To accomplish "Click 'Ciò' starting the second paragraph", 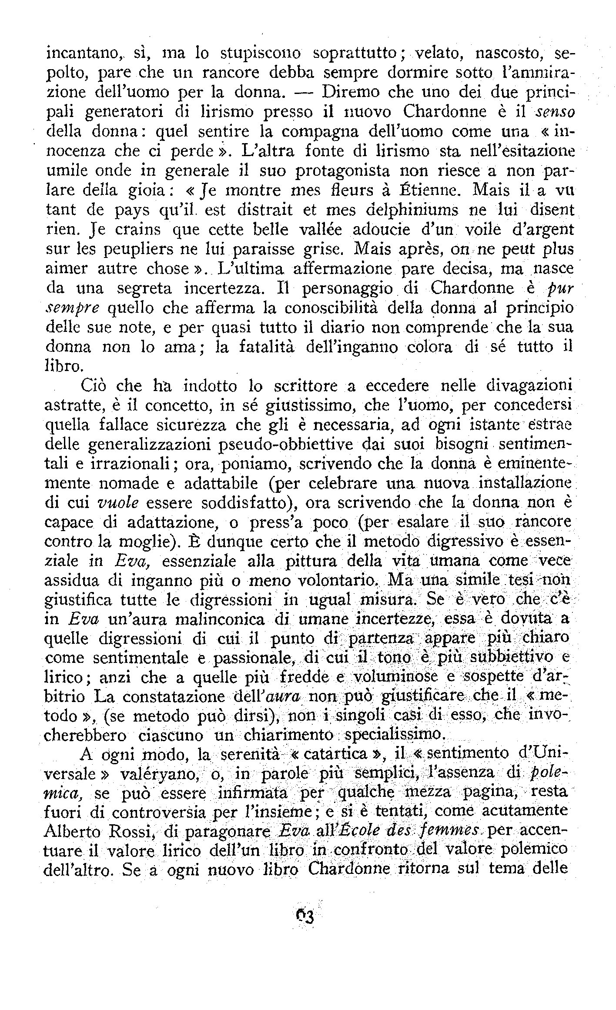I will (x=93, y=386).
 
